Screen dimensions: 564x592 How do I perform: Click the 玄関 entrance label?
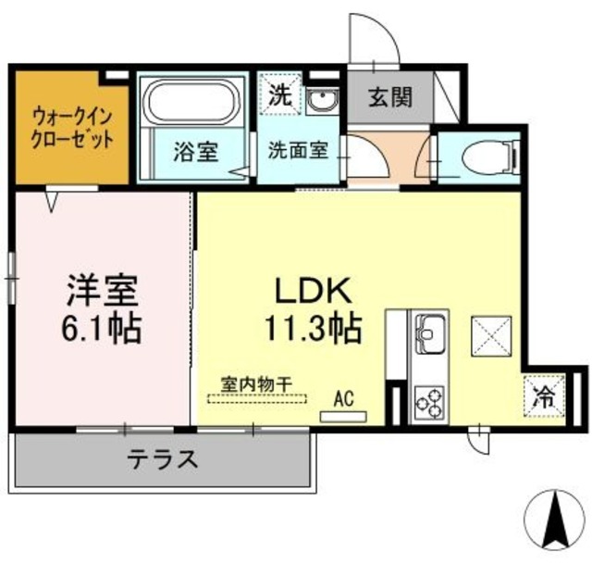[389, 97]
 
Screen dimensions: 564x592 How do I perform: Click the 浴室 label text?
[195, 151]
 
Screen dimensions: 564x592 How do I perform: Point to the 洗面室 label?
[298, 151]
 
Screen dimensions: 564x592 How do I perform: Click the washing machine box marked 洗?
[278, 94]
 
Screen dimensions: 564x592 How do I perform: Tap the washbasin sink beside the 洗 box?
[322, 100]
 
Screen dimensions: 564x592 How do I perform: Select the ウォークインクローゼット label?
[73, 129]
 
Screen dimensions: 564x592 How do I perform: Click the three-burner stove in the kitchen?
[430, 402]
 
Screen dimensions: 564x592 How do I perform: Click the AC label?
[344, 399]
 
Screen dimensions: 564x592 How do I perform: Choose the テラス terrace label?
[162, 458]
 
